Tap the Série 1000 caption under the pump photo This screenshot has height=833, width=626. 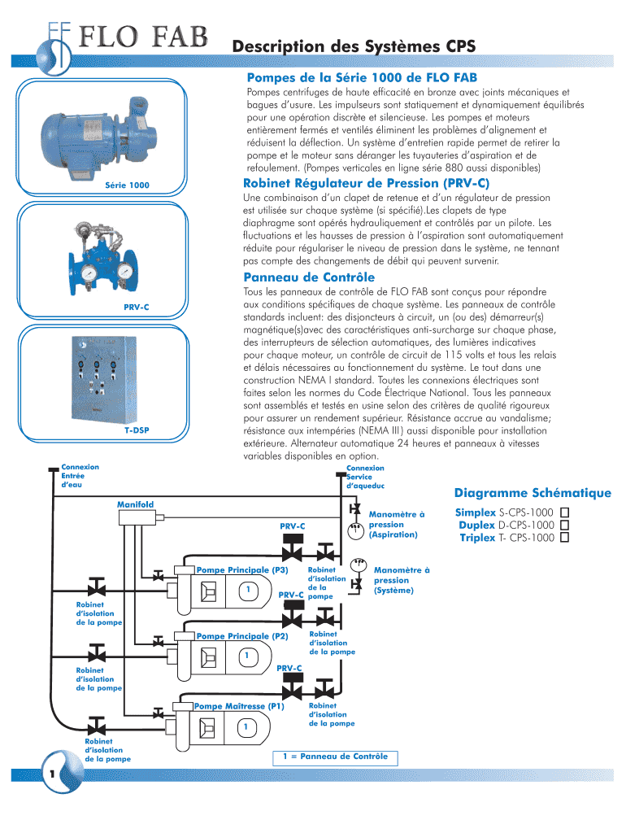pos(128,185)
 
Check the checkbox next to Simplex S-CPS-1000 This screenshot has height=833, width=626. pos(566,513)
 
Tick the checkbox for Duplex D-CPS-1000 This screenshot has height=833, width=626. pos(566,526)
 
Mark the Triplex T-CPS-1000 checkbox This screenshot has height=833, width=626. pos(566,538)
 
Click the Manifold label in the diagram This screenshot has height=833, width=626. pos(135,505)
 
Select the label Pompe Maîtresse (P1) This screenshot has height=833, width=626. pos(238,706)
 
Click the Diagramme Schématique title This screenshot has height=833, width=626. pos(533,493)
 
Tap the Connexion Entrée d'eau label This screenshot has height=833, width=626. pos(80,476)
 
